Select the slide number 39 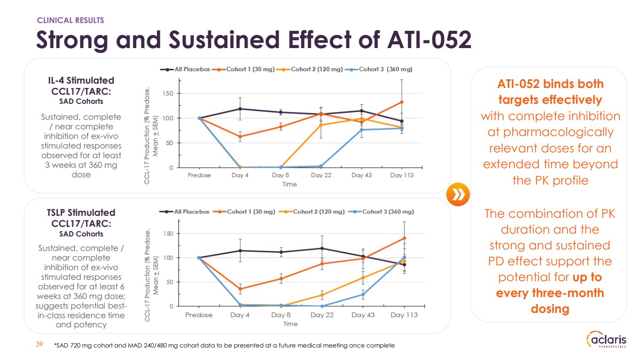[40, 344]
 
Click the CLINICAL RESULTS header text [71, 20]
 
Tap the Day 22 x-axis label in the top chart [321, 175]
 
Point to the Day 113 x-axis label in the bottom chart [404, 315]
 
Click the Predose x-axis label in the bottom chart [199, 315]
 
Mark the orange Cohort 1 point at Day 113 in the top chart [402, 102]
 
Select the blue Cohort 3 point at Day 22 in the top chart [321, 166]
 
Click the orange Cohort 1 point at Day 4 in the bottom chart [239, 289]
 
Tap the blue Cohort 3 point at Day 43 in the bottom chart [363, 295]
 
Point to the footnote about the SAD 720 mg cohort [224, 345]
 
